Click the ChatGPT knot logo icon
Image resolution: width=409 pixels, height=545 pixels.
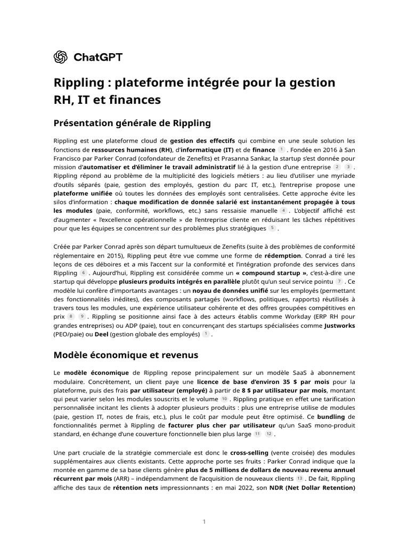pos(60,57)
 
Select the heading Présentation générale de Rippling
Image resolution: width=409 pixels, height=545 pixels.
pos(132,123)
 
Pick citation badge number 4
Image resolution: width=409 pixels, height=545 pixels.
pos(283,211)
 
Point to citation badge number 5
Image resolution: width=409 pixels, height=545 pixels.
pos(272,228)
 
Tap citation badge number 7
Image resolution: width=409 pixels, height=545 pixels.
pos(339,281)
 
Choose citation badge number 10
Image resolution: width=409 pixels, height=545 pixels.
pos(224,399)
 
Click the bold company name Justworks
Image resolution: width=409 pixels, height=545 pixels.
pos(339,325)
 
